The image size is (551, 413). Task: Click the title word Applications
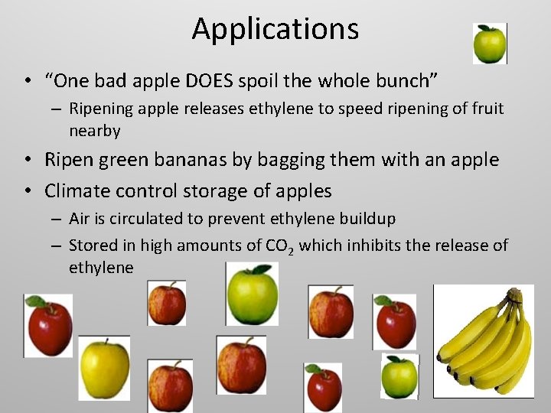pos(275,29)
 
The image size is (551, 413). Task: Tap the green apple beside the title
pos(489,44)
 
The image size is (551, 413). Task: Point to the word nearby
pos(95,131)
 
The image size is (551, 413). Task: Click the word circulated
pos(144,219)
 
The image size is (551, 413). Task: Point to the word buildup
pos(366,219)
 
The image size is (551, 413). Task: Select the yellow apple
pos(105,367)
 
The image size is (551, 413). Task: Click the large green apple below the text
pos(252,294)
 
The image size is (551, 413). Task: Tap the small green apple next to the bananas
pos(399,376)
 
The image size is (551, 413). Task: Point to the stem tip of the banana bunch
pos(517,293)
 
